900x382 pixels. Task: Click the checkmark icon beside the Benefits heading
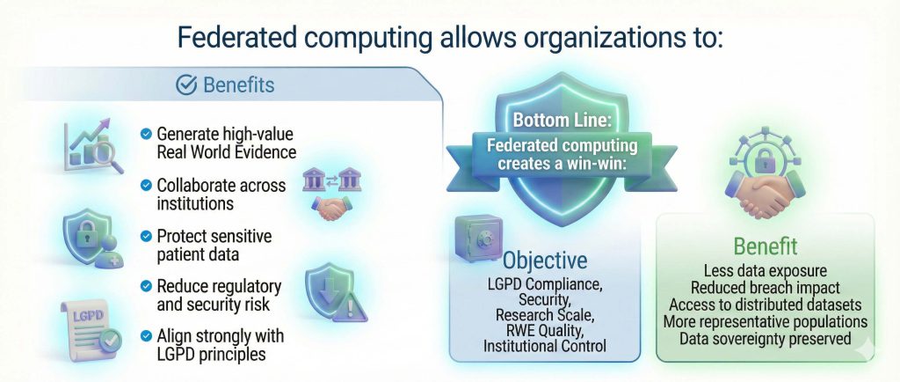point(186,84)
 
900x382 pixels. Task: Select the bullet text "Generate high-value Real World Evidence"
point(225,143)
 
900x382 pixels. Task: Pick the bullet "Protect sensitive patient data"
point(214,246)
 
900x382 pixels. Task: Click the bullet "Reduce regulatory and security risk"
point(218,296)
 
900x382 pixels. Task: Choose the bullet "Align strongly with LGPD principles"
point(220,346)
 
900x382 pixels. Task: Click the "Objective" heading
point(545,261)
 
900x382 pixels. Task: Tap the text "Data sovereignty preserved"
point(765,338)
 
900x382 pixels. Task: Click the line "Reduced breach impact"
point(765,288)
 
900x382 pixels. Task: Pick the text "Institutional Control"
point(546,346)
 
